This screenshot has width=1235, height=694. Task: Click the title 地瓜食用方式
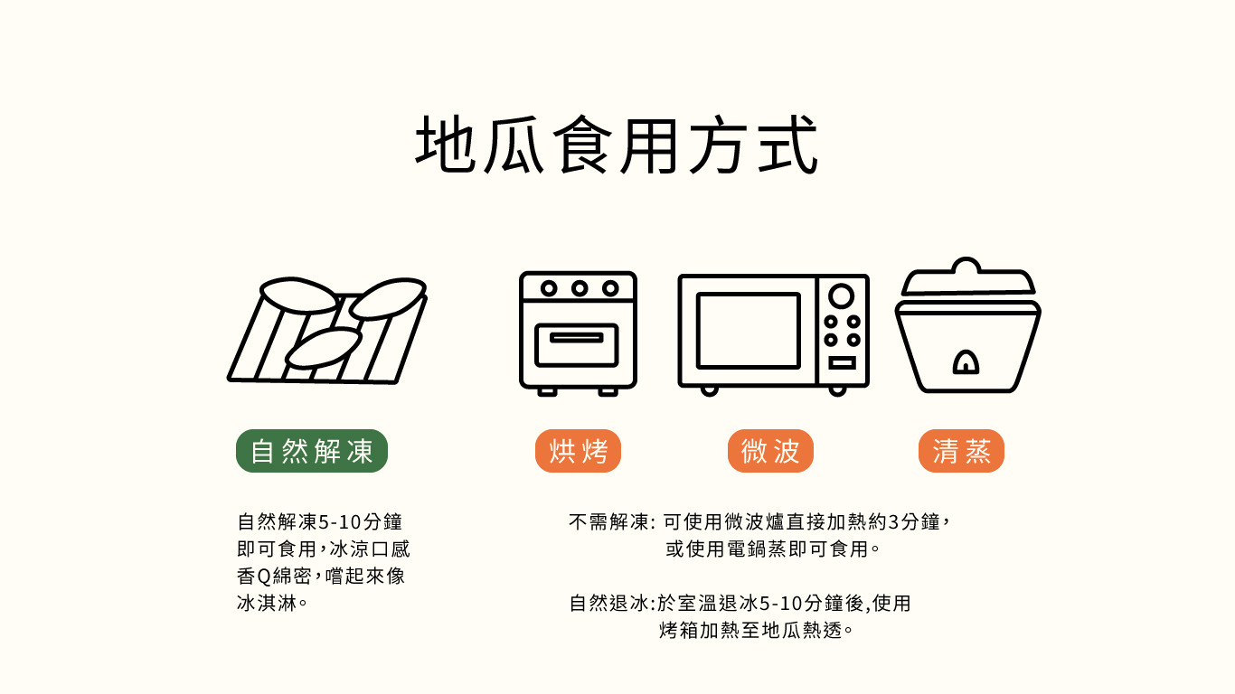617,145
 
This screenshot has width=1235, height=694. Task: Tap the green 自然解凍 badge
312,451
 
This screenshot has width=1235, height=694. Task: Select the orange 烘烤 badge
578,451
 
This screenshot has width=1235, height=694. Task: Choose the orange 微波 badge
770,451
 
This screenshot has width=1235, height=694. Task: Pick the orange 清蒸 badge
961,451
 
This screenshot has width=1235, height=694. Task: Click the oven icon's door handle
577,337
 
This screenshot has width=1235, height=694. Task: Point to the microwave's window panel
749,331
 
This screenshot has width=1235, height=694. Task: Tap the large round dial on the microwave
842,296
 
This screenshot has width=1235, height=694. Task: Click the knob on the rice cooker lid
966,266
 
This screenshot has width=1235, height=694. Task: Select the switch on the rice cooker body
966,362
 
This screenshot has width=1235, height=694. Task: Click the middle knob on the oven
579,288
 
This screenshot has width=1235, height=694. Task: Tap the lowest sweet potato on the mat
324,348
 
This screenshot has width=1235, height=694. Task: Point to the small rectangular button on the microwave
842,362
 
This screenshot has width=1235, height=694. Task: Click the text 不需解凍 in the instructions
608,521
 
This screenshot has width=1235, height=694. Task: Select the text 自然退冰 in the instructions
608,603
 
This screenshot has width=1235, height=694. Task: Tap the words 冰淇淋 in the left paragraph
267,603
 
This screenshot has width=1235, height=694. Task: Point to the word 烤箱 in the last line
679,630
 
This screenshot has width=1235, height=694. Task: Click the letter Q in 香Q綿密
264,577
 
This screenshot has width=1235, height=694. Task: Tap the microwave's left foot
710,390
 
